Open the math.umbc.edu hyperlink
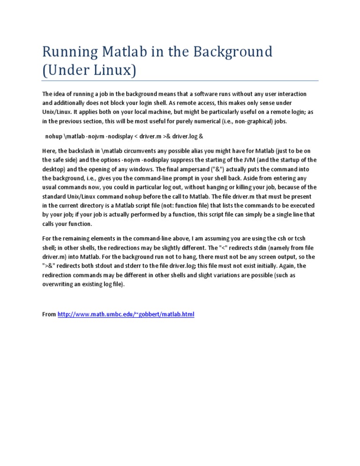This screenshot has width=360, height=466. (x=126, y=314)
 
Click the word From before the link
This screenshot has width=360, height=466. (x=49, y=314)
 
